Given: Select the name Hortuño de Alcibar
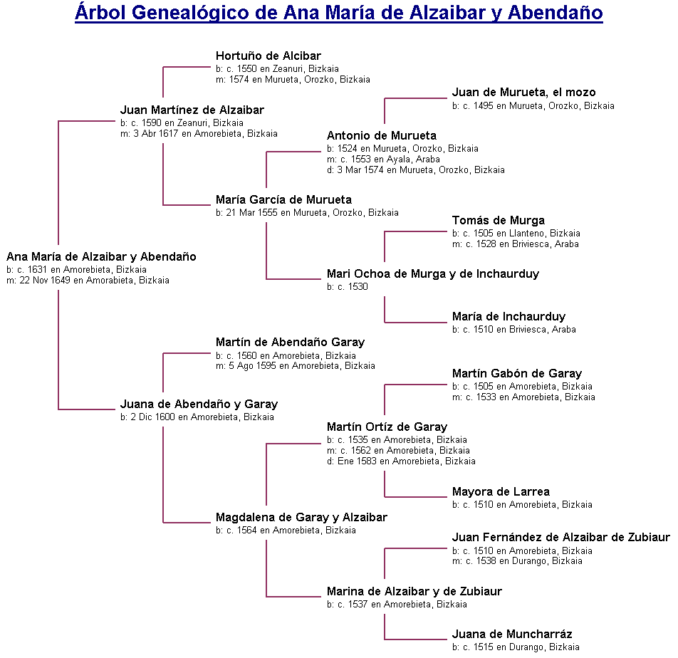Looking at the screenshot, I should coord(268,56).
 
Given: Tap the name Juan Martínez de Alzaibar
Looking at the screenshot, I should coord(192,110).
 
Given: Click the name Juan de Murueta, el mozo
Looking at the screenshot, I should coord(523,92).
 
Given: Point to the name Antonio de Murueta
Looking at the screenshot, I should coord(382,135).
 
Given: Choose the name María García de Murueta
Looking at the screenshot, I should coord(283,199).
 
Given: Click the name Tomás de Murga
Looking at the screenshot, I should coord(499,220).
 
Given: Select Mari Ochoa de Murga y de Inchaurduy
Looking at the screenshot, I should coord(433,273).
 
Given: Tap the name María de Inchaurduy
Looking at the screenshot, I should coord(508,316).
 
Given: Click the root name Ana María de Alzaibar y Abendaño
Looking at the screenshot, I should coord(101,256).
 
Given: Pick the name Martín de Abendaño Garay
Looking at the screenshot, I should coord(290,343).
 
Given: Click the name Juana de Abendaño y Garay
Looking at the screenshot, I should coord(199,404).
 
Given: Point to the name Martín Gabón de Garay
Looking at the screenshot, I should coord(517,373).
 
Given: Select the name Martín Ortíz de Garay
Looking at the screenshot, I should coord(387,427).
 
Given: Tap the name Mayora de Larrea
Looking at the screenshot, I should coord(501,491).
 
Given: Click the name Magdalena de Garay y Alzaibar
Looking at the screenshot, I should coord(301,517).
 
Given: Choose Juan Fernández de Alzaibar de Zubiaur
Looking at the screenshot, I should coord(560,537).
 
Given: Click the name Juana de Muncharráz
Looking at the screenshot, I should coord(512,634).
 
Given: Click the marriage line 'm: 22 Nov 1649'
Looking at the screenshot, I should coord(88,281).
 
